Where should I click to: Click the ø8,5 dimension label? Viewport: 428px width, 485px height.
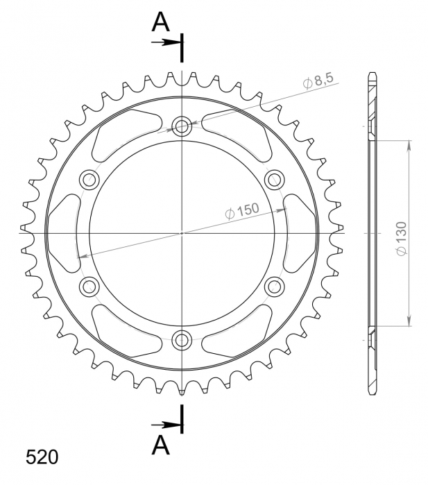point(318,80)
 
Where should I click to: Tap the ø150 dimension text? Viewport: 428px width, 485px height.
point(242,211)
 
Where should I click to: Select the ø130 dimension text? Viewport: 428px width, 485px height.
point(402,239)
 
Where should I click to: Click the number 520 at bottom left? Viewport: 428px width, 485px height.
point(42,457)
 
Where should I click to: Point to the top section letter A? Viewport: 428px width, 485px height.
point(160,22)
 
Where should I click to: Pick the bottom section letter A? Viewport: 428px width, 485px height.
point(160,445)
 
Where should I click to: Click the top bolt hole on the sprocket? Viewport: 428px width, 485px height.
point(182,126)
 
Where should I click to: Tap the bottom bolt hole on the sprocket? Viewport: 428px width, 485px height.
point(182,340)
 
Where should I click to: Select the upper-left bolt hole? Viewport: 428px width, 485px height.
point(89,180)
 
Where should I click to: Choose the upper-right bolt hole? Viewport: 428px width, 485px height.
point(274,180)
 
